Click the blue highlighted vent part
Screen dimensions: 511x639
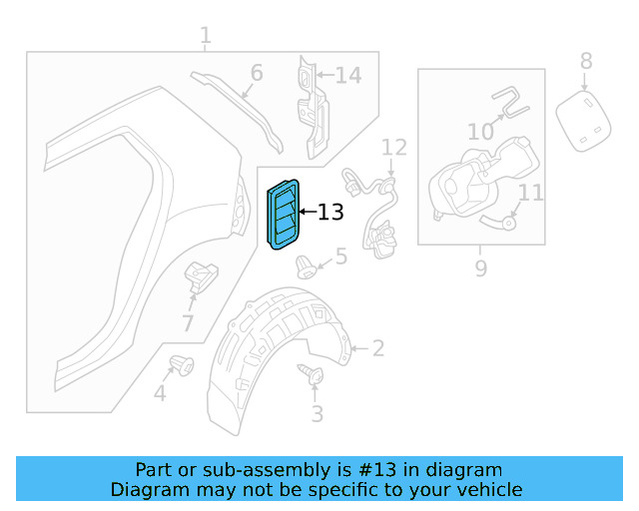282,215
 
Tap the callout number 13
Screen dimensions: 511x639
329,212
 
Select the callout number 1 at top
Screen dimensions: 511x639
205,37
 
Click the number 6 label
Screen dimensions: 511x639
256,73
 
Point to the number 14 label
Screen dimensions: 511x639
347,75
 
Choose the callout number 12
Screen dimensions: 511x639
394,148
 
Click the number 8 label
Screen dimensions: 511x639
586,61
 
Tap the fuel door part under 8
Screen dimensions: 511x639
585,120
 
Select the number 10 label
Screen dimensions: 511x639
480,131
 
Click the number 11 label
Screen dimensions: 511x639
531,191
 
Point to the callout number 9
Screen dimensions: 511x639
480,267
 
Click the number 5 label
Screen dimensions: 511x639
340,257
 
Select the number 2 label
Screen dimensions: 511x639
376,348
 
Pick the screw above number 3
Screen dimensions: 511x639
310,376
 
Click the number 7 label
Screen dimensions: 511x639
188,322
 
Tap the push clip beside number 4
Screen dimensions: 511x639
183,366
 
